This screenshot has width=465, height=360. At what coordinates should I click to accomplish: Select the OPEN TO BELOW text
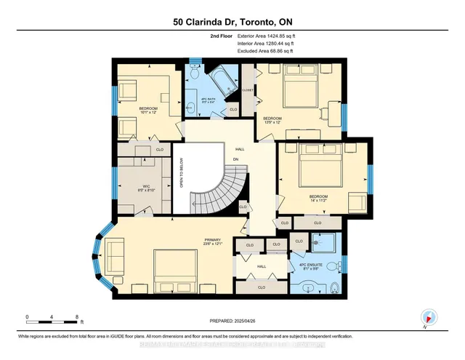click(182, 174)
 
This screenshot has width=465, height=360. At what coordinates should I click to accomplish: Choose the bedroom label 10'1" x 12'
click(149, 111)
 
